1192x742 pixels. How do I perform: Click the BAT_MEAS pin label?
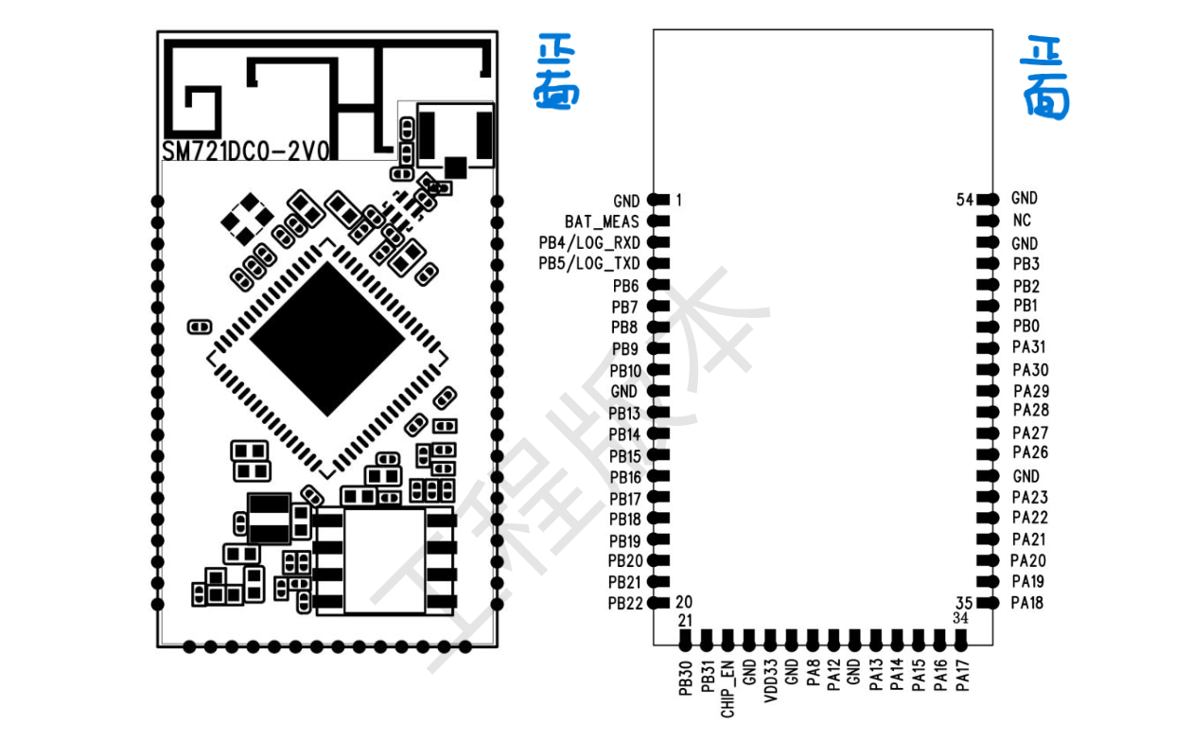(602, 221)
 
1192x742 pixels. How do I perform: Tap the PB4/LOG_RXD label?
(588, 242)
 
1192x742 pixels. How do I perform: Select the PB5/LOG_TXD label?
(588, 263)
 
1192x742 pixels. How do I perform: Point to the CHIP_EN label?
(727, 688)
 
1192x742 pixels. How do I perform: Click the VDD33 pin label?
(770, 680)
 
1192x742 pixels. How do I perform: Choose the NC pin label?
(1022, 220)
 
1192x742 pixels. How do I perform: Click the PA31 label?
(1029, 347)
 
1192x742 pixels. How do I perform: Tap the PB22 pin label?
(624, 603)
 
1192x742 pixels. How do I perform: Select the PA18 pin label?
(1027, 603)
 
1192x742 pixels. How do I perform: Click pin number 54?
(965, 200)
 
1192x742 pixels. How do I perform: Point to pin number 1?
(678, 200)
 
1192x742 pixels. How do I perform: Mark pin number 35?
(963, 603)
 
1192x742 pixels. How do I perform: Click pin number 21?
(685, 620)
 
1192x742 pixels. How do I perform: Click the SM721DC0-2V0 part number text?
(245, 152)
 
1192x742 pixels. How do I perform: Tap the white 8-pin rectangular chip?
(386, 560)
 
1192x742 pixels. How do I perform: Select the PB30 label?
(685, 679)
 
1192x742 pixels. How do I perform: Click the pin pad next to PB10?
(658, 370)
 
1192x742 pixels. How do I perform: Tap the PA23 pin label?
(1029, 497)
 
